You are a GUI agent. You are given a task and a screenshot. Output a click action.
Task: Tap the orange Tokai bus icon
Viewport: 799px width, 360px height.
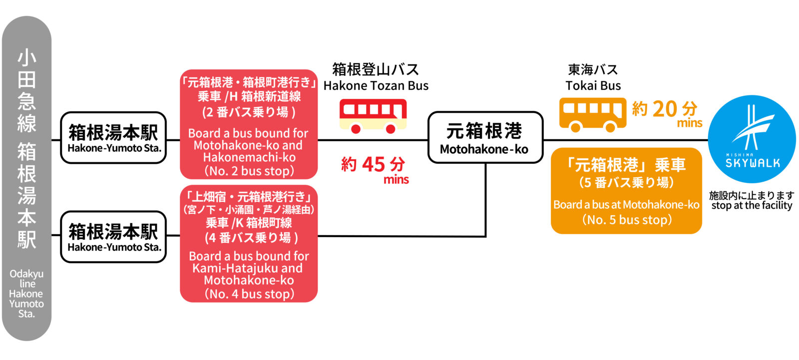[592, 114]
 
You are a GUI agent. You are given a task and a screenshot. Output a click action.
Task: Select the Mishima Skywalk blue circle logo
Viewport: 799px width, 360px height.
[752, 139]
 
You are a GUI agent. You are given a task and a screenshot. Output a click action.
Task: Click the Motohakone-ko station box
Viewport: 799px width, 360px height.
[485, 137]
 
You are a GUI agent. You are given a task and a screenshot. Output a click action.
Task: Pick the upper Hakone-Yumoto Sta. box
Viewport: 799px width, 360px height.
[113, 138]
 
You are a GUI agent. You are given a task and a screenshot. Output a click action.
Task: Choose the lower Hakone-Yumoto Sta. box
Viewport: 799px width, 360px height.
[113, 237]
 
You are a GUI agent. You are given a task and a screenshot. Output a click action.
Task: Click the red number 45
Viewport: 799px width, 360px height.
[374, 164]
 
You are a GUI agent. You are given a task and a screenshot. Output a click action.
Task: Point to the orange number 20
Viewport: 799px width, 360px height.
[665, 109]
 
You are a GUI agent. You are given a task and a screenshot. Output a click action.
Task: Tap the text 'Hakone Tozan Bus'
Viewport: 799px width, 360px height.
[376, 86]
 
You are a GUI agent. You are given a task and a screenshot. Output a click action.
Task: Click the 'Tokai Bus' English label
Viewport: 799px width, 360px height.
[593, 86]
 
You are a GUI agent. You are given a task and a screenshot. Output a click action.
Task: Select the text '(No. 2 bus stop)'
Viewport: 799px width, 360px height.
[249, 171]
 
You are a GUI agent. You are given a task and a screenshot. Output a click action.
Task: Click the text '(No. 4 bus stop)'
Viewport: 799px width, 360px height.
[249, 294]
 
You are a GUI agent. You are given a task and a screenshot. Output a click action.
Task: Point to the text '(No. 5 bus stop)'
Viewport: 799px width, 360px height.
[627, 220]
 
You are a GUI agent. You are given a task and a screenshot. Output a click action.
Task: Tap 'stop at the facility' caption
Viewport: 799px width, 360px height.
[752, 205]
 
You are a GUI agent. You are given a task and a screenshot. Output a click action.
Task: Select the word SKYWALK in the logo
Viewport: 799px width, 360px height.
[752, 163]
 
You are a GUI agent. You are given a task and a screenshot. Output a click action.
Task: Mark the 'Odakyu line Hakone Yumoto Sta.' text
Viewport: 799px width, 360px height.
[26, 294]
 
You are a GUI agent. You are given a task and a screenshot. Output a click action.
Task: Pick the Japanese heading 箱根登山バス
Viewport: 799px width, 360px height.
[376, 69]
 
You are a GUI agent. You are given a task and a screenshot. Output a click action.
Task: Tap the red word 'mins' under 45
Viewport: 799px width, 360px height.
[396, 180]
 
